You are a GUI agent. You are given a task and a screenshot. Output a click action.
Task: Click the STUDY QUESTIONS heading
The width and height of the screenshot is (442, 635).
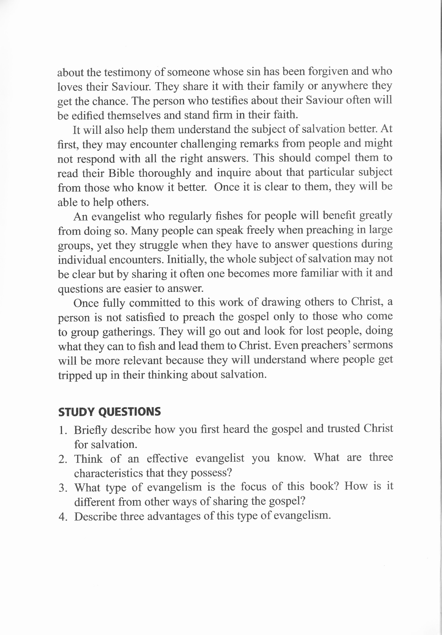point(110,411)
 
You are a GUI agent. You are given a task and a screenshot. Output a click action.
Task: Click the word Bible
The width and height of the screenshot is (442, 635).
point(121,173)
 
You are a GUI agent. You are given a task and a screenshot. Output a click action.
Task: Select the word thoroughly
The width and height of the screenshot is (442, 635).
point(165,173)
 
